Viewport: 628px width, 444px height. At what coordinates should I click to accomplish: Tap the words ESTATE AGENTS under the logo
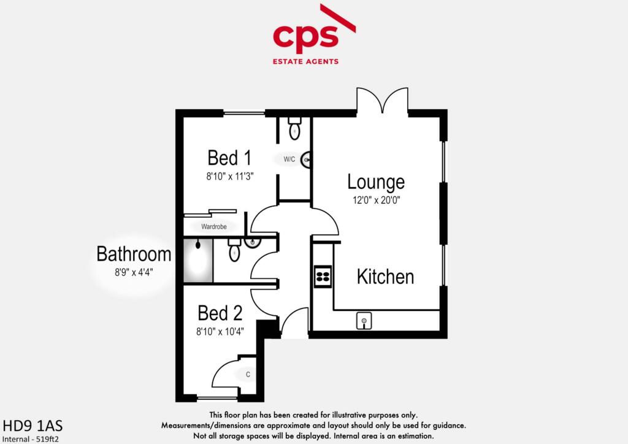[x=305, y=61]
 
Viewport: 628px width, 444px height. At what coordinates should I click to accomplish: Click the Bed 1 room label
[x=229, y=158]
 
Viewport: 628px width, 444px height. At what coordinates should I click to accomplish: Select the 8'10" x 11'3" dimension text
[x=229, y=175]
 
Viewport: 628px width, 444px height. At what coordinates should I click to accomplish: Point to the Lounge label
[x=376, y=182]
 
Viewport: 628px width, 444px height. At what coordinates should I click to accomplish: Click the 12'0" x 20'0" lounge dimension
[x=376, y=200]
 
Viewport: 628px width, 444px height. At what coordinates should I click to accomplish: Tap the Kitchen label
[x=385, y=277]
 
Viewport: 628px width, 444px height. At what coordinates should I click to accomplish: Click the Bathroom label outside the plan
[x=134, y=254]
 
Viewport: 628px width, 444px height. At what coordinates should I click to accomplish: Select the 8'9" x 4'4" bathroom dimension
[x=134, y=272]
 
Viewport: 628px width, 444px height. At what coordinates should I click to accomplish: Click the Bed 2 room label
[x=220, y=313]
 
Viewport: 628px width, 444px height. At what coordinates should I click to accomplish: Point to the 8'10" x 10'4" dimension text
[x=220, y=331]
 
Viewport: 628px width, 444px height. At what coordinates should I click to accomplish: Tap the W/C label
[x=289, y=159]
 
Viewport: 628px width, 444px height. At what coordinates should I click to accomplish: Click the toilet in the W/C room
[x=294, y=128]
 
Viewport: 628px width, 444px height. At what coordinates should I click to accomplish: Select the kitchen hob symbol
[x=323, y=276]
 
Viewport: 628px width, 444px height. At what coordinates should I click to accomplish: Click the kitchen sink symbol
[x=364, y=320]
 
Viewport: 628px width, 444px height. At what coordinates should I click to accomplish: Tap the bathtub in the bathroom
[x=197, y=261]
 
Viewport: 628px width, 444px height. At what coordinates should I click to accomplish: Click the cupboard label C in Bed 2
[x=248, y=374]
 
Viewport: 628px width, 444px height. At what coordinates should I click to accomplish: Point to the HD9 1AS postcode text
[x=33, y=426]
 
